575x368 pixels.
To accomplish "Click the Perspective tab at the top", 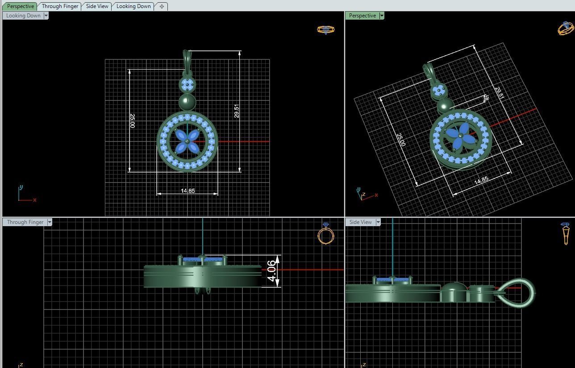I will pos(21,6).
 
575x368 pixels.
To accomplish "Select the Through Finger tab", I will pos(60,6).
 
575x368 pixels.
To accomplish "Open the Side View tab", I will pos(97,6).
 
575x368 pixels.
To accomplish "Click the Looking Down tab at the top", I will pos(133,6).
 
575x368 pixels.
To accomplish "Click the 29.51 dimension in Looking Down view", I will pos(237,111).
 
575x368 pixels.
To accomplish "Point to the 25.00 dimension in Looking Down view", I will pos(132,120).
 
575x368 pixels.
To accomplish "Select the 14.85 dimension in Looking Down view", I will pos(187,191).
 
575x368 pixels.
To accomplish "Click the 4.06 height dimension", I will pos(271,271).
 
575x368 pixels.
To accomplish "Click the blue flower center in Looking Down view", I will pos(187,141).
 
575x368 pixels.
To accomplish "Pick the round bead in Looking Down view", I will pos(187,102).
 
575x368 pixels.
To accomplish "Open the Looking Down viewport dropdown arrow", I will pos(46,16).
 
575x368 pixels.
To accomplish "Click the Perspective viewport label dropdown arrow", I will pos(382,16).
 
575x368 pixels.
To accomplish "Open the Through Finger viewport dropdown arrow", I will pos(50,222).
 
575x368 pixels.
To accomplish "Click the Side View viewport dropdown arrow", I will pos(378,222).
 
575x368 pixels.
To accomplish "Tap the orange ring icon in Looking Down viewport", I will pos(325,30).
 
